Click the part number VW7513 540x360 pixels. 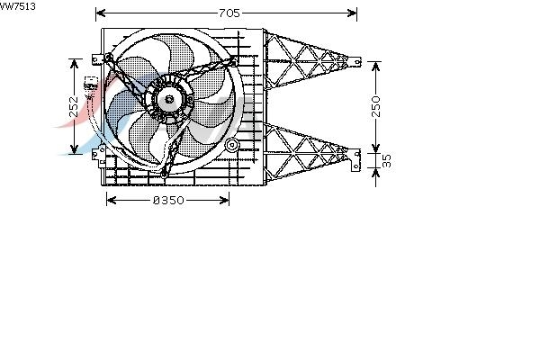point(17,6)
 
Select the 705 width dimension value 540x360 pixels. point(229,13)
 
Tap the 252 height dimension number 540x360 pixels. point(74,107)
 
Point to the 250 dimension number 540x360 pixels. point(376,106)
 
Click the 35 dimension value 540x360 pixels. point(387,160)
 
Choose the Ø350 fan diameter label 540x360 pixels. point(168,200)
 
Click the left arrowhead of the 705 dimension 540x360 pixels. point(101,13)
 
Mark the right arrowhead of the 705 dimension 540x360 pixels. point(352,13)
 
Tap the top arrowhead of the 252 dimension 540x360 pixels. point(74,64)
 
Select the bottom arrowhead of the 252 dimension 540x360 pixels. point(74,149)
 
